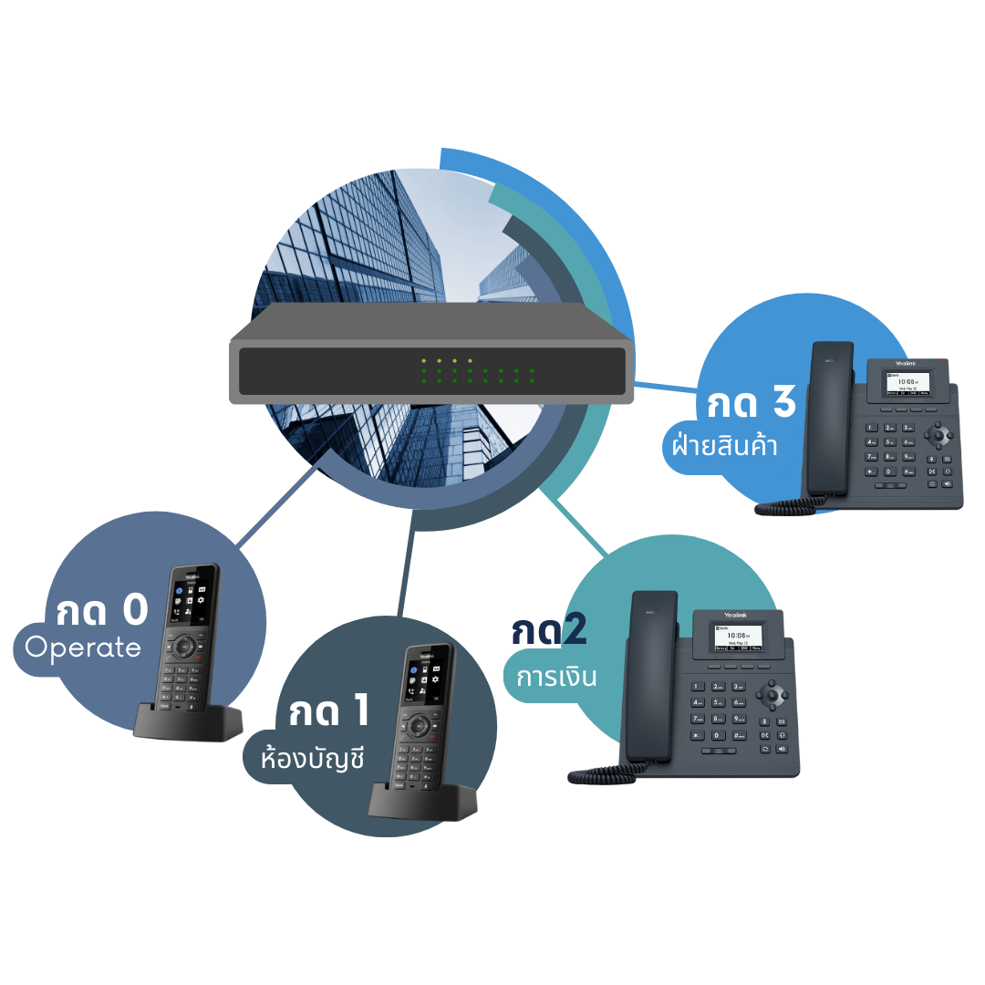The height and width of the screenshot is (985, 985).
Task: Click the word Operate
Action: [x=83, y=648]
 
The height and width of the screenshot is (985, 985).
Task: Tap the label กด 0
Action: [x=101, y=611]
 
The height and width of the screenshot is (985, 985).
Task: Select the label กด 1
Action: [x=329, y=711]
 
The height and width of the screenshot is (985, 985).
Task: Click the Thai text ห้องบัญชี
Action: [x=312, y=758]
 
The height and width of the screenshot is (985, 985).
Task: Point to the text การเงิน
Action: [x=556, y=678]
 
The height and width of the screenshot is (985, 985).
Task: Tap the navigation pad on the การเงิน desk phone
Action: [x=772, y=695]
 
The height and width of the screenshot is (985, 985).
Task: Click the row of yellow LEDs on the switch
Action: [x=447, y=361]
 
